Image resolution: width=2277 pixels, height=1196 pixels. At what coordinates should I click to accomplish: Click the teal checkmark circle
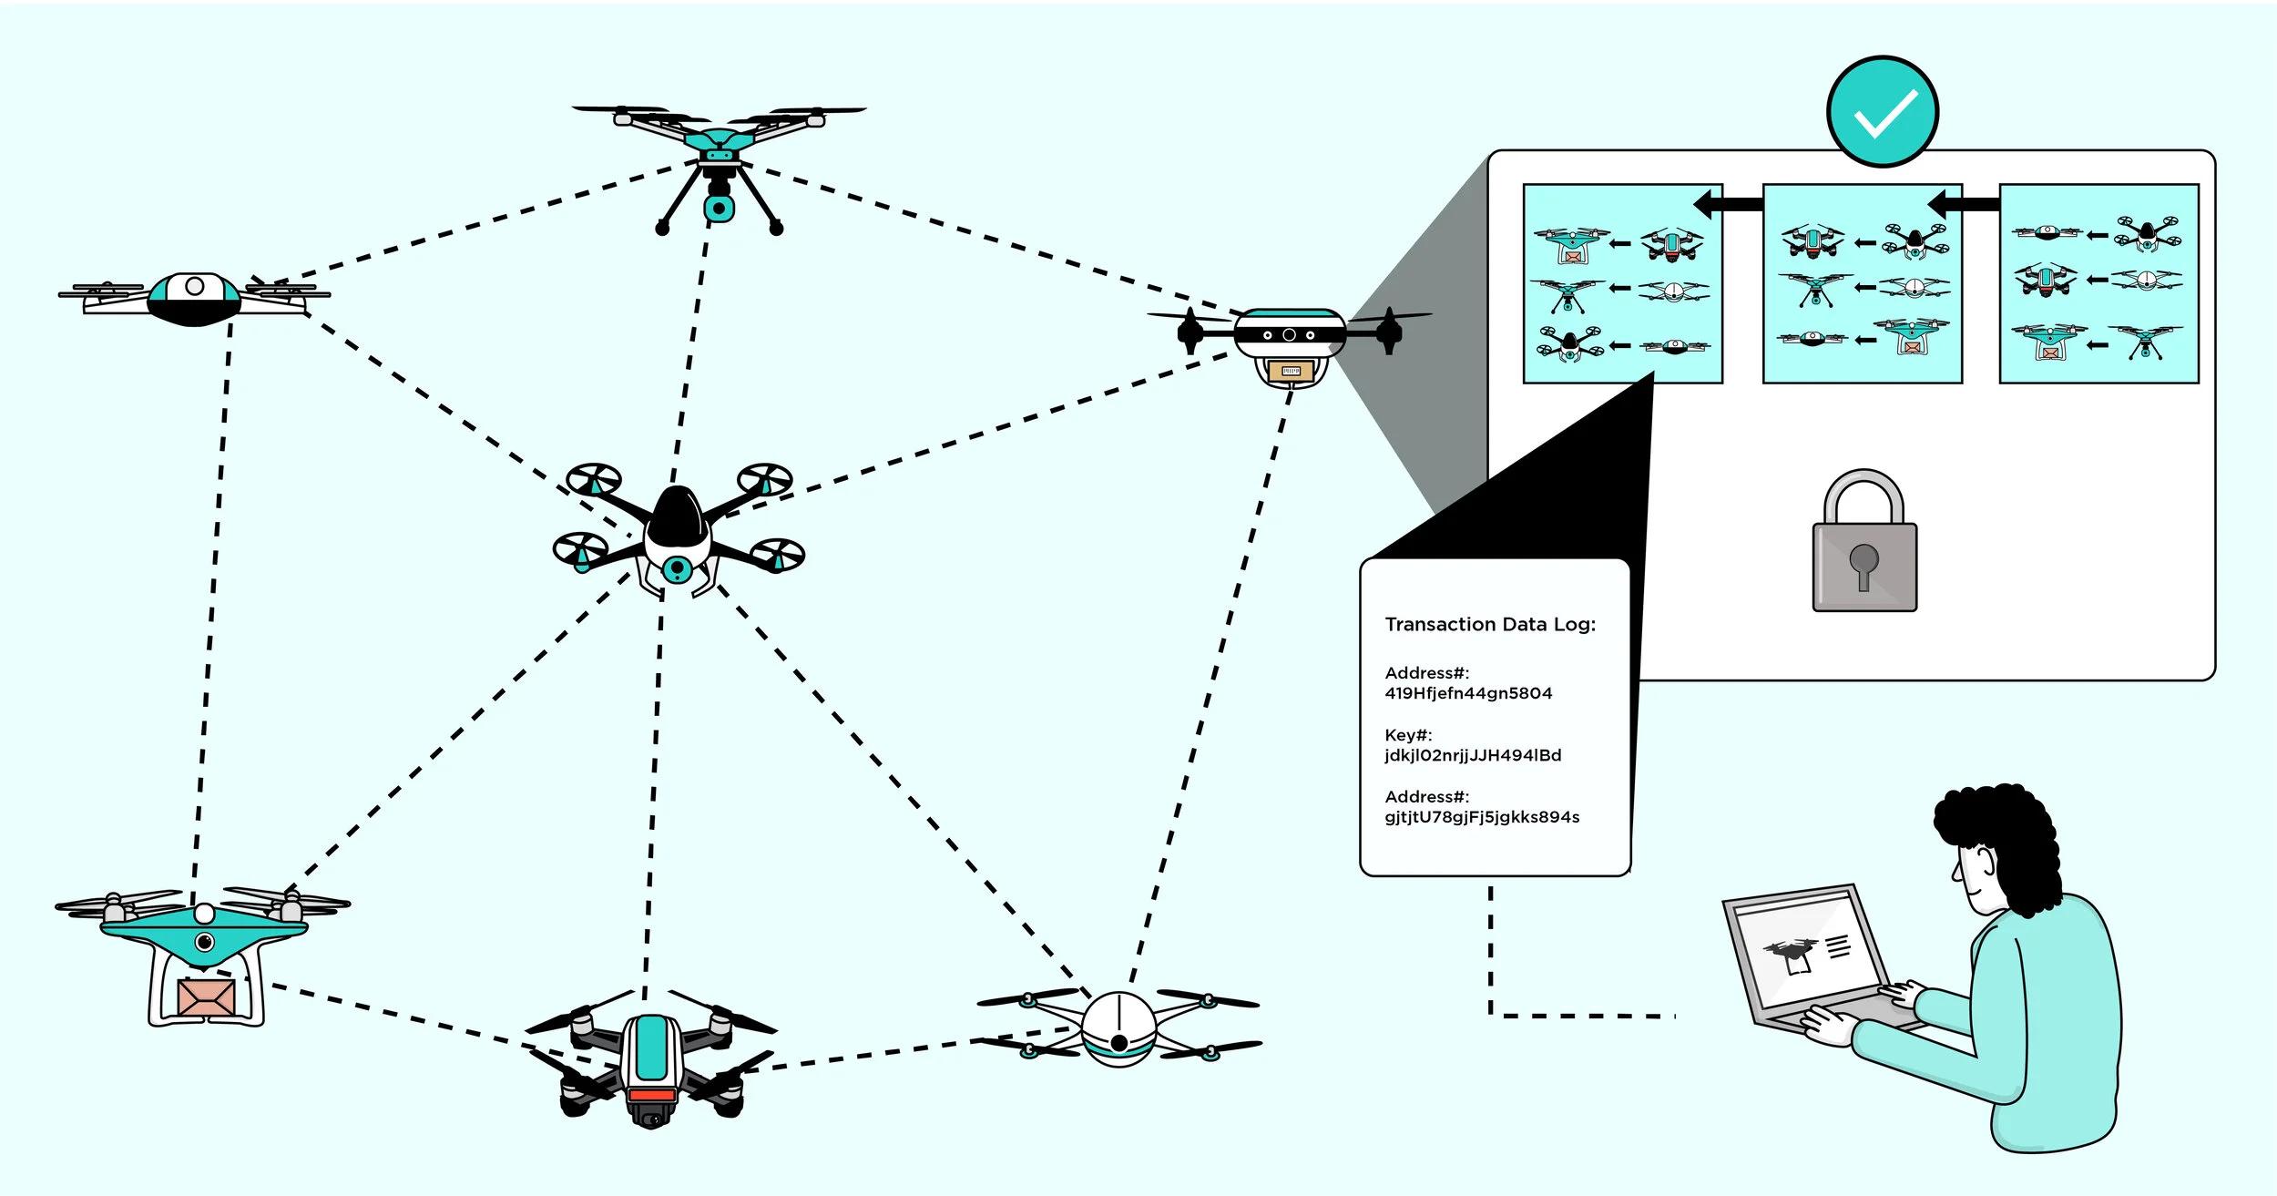pos(1882,112)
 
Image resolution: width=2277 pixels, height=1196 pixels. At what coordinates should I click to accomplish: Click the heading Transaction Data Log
pos(1490,625)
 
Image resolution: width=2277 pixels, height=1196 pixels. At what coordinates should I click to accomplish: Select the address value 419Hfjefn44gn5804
pos(1468,693)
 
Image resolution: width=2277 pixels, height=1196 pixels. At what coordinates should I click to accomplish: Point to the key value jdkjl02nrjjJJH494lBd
pos(1473,755)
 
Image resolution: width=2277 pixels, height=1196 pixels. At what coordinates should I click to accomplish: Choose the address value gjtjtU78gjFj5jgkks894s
pos(1482,817)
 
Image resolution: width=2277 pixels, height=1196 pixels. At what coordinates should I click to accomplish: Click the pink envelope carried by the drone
pos(207,997)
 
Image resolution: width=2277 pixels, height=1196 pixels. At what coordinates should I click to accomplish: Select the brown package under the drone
pos(1291,371)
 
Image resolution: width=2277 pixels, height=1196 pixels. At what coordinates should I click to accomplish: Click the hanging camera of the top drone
pos(719,208)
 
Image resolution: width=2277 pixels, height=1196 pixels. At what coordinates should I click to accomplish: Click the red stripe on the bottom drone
pos(652,1094)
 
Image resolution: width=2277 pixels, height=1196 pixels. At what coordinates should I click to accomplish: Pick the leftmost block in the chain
pos(1622,284)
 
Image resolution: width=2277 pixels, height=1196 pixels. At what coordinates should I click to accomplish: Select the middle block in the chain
pos(1862,284)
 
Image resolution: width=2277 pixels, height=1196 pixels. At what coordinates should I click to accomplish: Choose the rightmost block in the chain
pos(2098,284)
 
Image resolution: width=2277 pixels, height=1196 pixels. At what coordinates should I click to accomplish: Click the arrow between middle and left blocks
pos(1730,204)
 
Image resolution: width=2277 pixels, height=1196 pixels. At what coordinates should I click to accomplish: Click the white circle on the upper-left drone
pos(194,286)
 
